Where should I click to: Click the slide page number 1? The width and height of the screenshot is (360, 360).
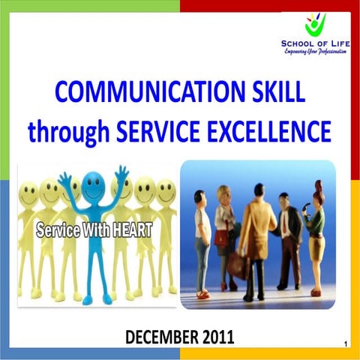click(x=344, y=344)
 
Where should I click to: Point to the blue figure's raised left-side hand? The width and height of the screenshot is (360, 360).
click(x=64, y=178)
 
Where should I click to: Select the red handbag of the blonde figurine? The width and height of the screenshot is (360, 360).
click(x=223, y=238)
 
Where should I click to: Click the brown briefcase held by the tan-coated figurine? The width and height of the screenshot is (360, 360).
click(x=239, y=263)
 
